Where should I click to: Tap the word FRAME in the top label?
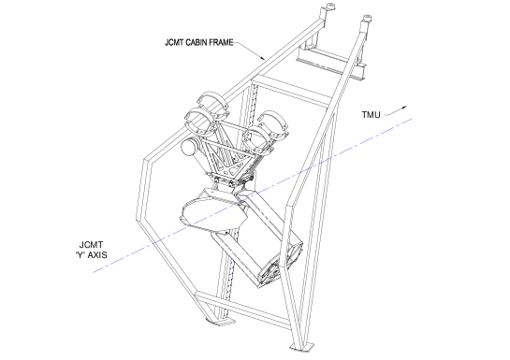(223, 43)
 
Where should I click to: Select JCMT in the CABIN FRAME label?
(174, 43)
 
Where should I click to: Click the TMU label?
(371, 115)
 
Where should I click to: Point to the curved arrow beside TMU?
(395, 111)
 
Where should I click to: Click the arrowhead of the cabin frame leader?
(263, 58)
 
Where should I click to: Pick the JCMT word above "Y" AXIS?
(91, 245)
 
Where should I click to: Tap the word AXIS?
(97, 255)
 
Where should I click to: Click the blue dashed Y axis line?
(253, 195)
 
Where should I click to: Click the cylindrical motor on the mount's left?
(190, 148)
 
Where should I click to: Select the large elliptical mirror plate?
(213, 213)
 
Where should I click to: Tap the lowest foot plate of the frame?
(302, 347)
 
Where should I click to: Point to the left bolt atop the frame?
(330, 7)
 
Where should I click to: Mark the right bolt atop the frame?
(367, 18)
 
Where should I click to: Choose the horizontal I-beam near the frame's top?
(330, 63)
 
